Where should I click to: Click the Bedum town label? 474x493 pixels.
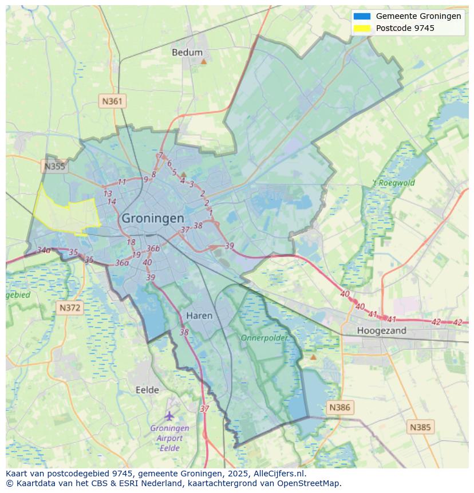187,53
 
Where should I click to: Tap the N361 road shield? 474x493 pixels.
112,101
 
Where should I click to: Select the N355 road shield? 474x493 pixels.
54,167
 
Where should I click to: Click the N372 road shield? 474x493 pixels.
70,308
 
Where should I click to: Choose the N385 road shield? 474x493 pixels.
420,427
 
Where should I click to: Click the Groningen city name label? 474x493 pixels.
153,218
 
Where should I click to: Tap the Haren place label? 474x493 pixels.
199,315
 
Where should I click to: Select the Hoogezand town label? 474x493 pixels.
381,330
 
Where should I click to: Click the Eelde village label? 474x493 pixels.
147,390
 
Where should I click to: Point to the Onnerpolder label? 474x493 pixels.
264,338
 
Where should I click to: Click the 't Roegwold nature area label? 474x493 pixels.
394,183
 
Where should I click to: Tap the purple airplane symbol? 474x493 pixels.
169,415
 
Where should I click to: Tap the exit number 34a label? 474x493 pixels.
44,250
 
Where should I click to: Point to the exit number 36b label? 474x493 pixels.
153,249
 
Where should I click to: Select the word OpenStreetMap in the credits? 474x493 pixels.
311,483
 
